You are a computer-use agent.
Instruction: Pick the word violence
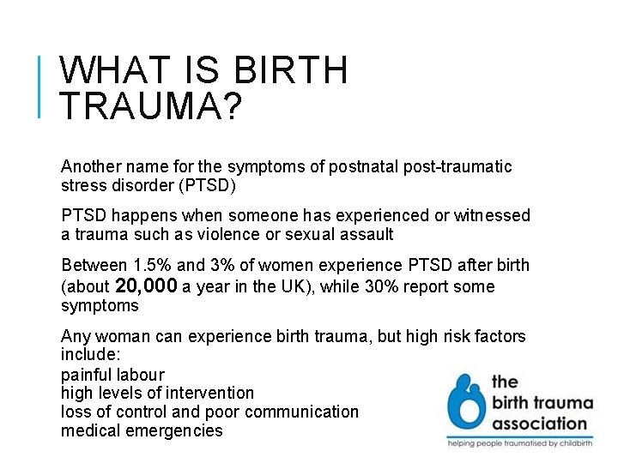(230, 234)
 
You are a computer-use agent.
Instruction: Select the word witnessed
(491, 215)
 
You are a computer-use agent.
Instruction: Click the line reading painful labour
(112, 375)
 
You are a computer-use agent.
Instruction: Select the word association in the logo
(539, 423)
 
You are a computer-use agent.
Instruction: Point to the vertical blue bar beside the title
(40, 85)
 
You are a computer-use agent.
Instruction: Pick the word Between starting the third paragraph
(95, 266)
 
